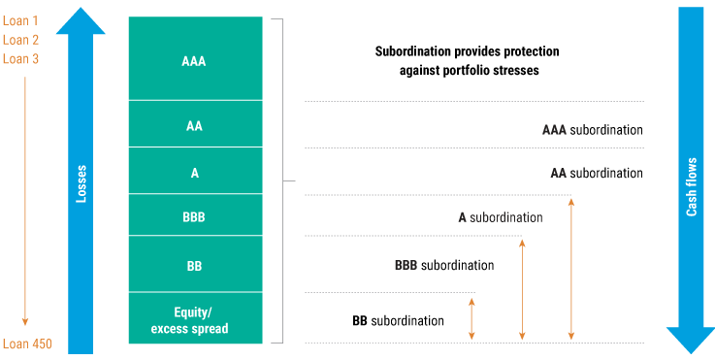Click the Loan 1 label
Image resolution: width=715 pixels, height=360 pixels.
20,20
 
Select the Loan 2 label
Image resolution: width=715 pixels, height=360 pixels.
20,40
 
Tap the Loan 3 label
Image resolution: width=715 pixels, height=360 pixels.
20,59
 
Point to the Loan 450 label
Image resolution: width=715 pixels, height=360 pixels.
26,344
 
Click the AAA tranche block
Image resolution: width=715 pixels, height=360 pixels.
195,59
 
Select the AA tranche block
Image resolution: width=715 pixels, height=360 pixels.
195,124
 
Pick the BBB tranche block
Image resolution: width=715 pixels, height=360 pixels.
195,217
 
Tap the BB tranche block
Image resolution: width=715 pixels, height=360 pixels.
195,264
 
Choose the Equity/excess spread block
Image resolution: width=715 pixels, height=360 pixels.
195,319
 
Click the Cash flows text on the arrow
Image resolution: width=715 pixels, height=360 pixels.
692,194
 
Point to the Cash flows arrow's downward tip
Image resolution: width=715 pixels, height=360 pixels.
690,347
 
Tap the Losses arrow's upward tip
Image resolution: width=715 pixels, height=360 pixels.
81,14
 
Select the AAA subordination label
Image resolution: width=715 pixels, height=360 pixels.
592,129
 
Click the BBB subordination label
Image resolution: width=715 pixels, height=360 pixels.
444,265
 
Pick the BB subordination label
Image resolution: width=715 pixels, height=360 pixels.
398,320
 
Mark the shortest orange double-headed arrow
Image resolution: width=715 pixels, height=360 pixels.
472,318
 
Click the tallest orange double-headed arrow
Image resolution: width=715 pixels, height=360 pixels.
571,269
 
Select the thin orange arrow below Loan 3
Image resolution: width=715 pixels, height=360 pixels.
26,199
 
